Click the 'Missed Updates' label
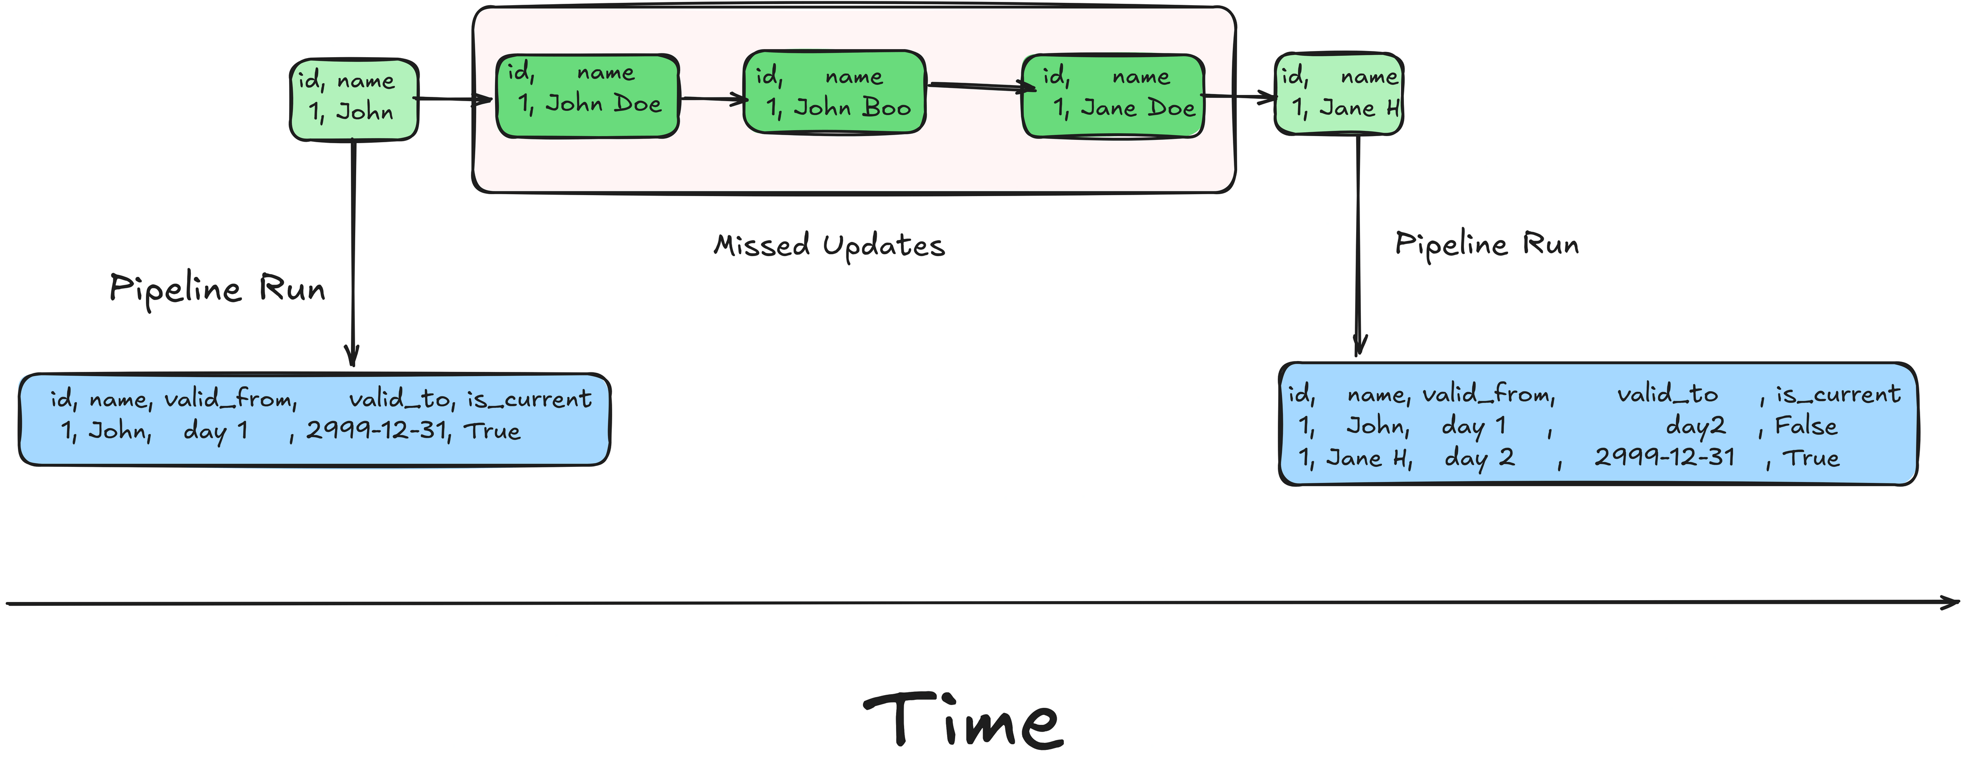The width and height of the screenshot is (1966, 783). tap(829, 246)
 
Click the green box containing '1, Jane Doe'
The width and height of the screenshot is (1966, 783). tap(1113, 96)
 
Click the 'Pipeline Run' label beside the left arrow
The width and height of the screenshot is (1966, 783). tap(217, 288)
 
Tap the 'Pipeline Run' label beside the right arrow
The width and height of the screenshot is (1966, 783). tap(1486, 244)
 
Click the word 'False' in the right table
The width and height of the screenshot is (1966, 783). tap(1806, 426)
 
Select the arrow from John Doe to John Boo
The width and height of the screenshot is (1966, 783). tap(712, 98)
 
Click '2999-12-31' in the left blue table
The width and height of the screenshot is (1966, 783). tap(376, 431)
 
